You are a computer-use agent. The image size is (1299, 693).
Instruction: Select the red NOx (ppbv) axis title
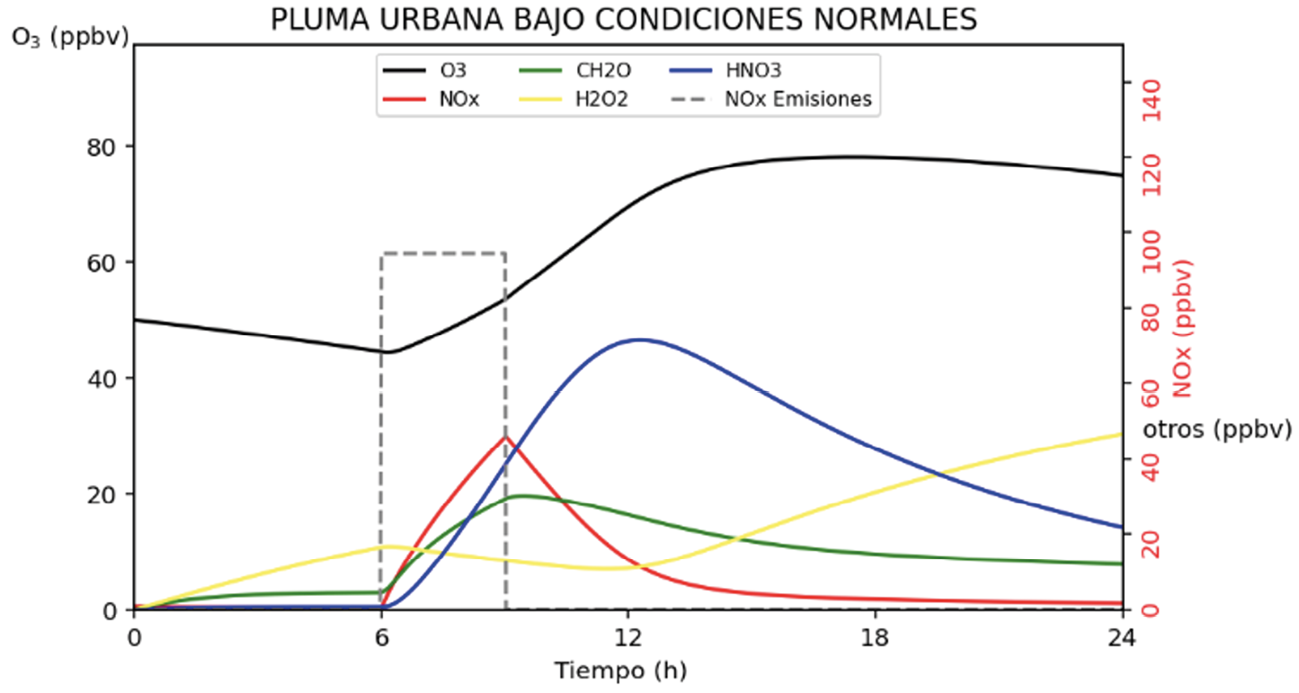click(x=1182, y=329)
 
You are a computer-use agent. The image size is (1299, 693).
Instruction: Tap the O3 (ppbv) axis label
click(x=70, y=37)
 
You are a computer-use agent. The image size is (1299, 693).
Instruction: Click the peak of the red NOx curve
click(x=505, y=437)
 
